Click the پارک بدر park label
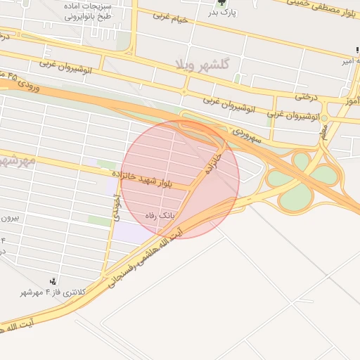[x=224, y=13]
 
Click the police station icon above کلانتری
[x=53, y=281]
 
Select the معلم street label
[x=323, y=131]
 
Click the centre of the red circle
[x=181, y=179]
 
